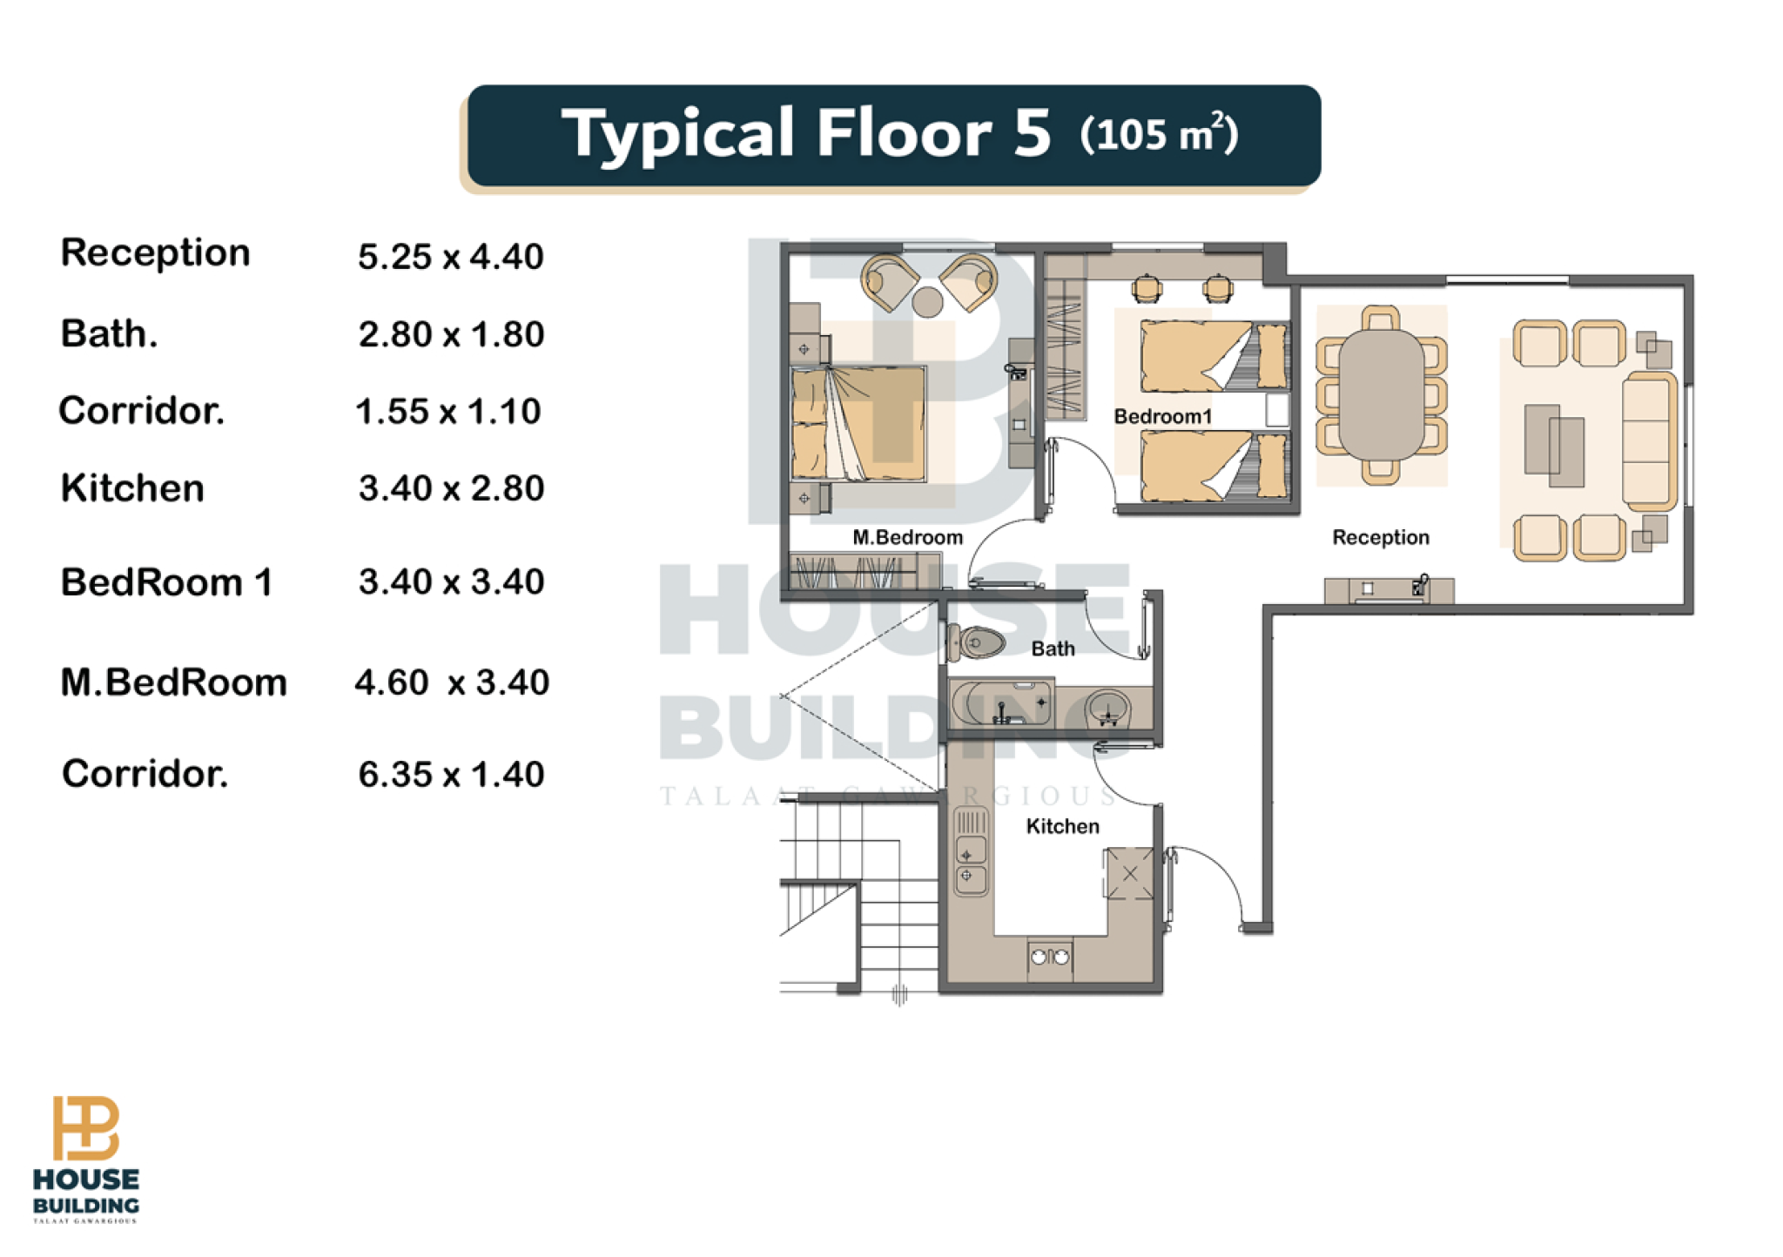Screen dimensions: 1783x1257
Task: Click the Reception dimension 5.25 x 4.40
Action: [451, 257]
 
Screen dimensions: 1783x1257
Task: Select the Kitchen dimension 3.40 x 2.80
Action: [451, 488]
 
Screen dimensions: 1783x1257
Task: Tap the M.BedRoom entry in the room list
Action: [173, 682]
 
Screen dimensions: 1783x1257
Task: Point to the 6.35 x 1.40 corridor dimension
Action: [451, 774]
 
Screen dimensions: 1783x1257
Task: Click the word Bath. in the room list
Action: [110, 334]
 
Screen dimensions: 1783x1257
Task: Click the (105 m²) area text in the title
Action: [1159, 134]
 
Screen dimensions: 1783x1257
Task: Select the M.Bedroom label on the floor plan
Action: [907, 537]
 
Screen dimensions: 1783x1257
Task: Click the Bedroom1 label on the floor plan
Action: [1162, 416]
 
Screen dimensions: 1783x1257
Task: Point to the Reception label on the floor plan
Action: [1381, 537]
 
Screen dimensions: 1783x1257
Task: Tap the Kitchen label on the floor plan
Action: [1062, 826]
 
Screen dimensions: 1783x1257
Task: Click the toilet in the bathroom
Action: [976, 643]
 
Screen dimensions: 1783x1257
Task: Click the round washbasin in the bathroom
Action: [1107, 708]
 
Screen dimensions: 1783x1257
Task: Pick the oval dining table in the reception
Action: [1381, 393]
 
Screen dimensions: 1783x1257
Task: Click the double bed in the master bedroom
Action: [858, 423]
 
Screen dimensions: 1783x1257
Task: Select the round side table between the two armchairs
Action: [927, 302]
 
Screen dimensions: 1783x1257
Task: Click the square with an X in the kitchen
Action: [1129, 873]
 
